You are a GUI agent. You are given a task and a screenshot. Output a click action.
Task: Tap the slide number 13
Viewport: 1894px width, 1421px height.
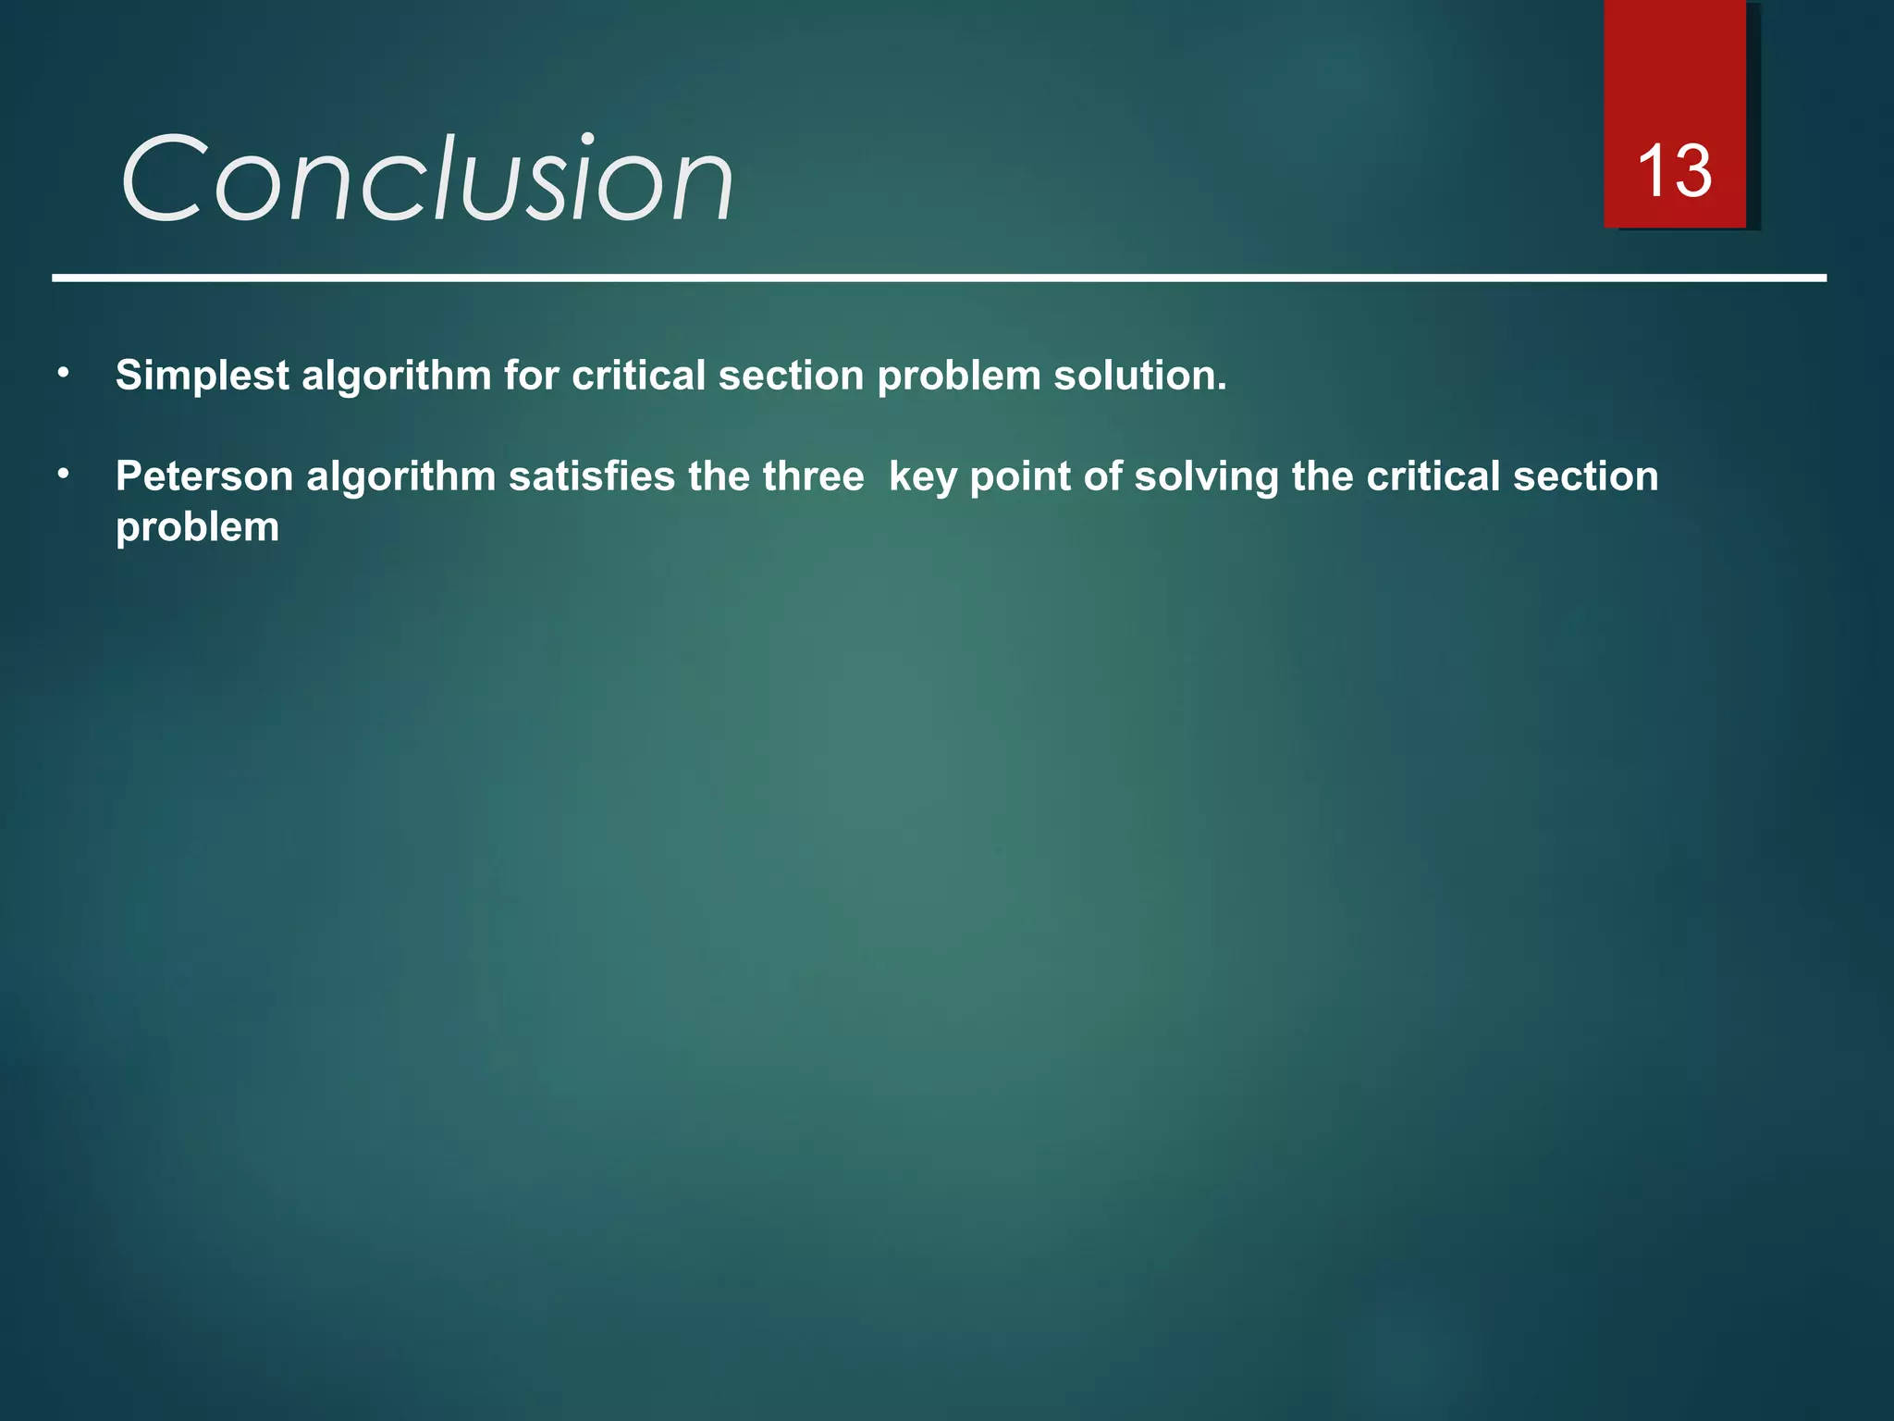(x=1674, y=172)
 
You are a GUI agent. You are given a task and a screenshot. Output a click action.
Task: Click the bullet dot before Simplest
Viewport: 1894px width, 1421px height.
(x=63, y=373)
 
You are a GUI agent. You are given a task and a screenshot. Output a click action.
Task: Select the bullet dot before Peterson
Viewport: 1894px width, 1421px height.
(x=63, y=474)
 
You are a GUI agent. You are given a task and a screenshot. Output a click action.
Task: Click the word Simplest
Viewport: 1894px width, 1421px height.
(x=203, y=376)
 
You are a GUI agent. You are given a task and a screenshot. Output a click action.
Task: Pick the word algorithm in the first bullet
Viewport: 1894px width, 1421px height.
(x=397, y=376)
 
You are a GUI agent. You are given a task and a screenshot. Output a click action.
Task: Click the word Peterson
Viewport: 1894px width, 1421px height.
(x=204, y=476)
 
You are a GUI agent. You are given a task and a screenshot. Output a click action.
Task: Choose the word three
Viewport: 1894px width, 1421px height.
(x=813, y=476)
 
